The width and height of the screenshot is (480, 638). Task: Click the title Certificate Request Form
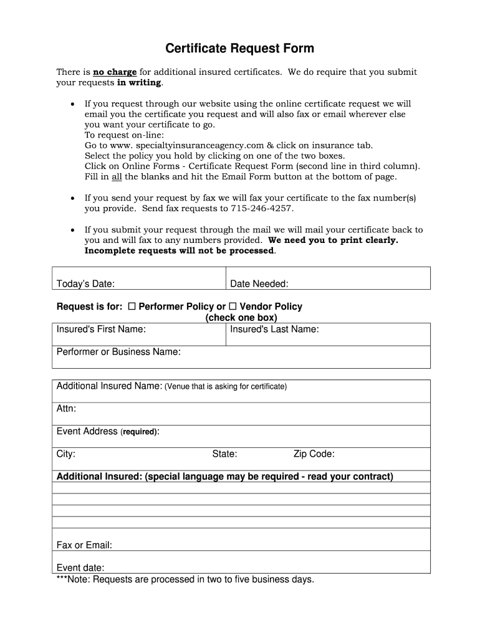(239, 49)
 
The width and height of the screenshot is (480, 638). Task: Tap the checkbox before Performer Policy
(132, 307)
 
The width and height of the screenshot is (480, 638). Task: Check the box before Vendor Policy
(233, 307)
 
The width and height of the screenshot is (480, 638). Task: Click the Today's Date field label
(85, 284)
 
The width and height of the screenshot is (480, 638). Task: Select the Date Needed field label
(259, 284)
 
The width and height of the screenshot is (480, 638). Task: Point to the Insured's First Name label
(101, 329)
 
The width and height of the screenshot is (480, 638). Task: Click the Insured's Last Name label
(274, 329)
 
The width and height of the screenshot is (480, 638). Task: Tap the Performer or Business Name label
(118, 352)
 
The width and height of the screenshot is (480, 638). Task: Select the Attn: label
(66, 409)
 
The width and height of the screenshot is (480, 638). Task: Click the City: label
(65, 454)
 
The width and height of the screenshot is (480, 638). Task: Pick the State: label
(224, 454)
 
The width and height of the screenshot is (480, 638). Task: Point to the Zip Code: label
(314, 454)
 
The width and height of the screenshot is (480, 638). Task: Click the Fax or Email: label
(84, 545)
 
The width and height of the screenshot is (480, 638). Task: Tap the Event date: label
(80, 568)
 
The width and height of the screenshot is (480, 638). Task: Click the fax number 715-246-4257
(262, 208)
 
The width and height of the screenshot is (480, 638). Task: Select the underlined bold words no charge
(115, 72)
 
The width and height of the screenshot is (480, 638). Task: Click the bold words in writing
(139, 82)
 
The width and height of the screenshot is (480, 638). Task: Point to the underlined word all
(117, 176)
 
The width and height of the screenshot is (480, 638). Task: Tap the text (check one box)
(241, 318)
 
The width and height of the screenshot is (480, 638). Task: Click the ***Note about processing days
(185, 579)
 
